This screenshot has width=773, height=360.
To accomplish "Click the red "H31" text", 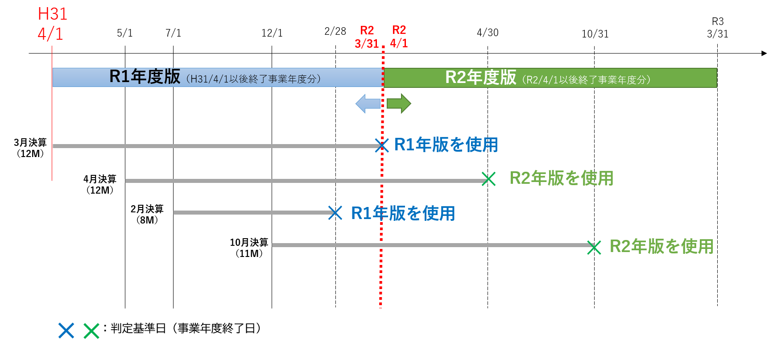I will pos(53,14).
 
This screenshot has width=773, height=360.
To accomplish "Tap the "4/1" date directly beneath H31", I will pos(50,34).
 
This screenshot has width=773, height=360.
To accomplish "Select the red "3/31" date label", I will pos(367,44).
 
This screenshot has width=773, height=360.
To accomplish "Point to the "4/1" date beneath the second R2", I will pos(399,43).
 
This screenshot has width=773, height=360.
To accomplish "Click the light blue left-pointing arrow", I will pos(368,103).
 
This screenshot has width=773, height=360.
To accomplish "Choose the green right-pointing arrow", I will pos(399,103).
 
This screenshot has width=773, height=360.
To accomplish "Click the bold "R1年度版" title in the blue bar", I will pos(145,77).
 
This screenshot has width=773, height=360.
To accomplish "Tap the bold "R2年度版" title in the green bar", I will pos(480,78).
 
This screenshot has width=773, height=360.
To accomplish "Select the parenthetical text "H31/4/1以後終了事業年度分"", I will pos(253,79).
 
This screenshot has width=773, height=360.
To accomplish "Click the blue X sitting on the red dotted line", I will pos(381,145).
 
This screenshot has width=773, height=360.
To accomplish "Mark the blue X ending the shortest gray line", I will pos(335,213).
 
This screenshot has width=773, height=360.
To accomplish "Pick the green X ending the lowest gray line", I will pos(594,247).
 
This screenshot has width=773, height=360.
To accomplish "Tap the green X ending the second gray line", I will pos(488,179).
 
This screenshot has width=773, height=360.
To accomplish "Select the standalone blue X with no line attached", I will pos(66,331).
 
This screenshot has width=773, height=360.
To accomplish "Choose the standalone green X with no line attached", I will pos(91,331).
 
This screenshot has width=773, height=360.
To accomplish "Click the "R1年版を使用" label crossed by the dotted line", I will pos(403,213).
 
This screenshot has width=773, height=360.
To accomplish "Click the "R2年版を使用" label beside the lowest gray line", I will pos(661,246).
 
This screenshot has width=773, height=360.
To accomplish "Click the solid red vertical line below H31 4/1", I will pos(52,112).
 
